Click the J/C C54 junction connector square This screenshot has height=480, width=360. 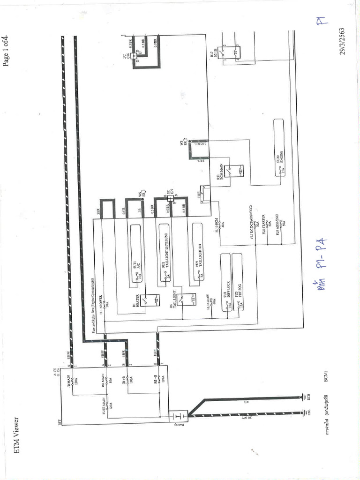(x=135, y=56)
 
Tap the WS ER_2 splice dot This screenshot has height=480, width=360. (x=189, y=141)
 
